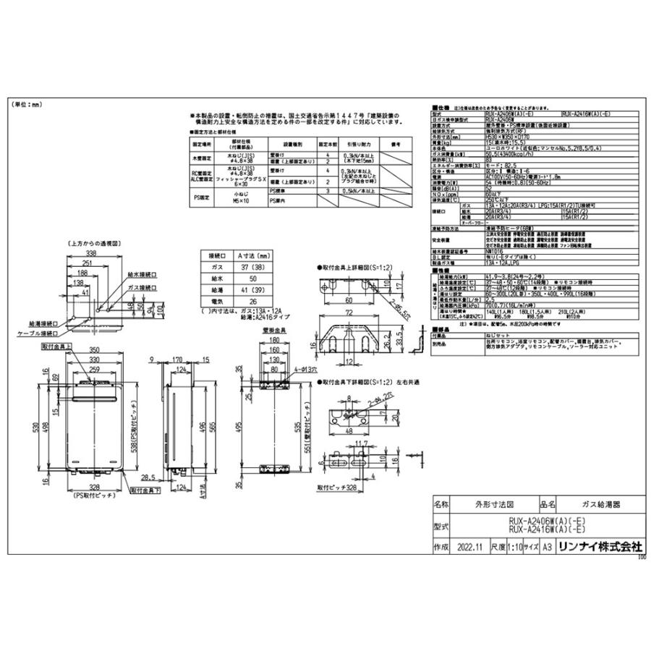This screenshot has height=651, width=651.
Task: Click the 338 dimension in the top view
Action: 90,255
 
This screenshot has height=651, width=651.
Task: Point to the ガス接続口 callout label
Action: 142,287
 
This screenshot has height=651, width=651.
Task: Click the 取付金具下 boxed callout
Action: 146,490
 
